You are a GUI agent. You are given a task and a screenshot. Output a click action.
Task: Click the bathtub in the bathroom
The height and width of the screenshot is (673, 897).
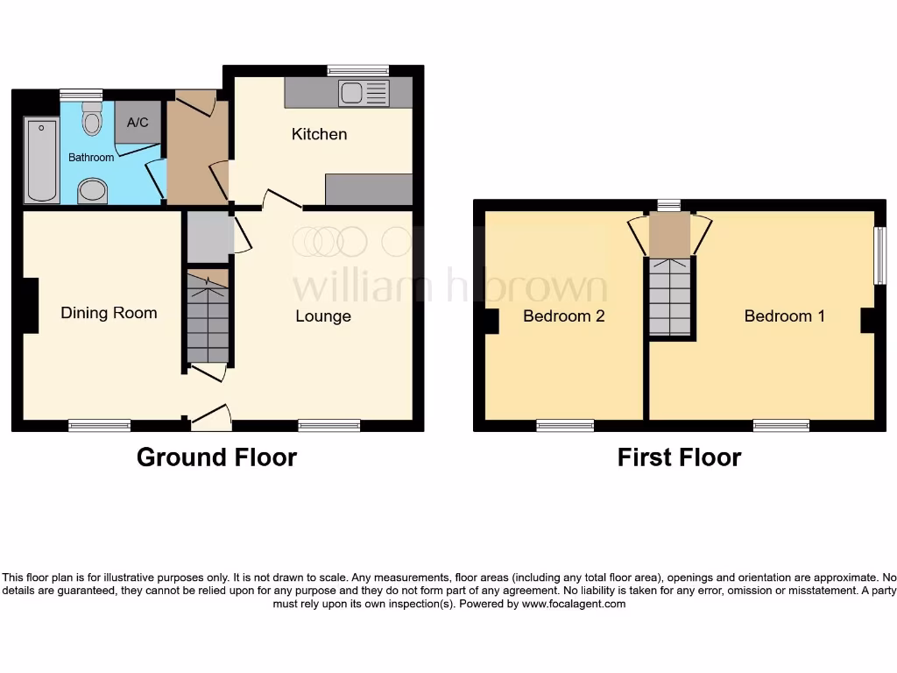(x=41, y=161)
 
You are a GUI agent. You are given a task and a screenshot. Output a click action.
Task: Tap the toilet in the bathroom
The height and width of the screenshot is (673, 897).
(x=92, y=119)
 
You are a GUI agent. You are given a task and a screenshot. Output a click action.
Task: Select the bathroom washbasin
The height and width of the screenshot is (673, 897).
(x=92, y=190)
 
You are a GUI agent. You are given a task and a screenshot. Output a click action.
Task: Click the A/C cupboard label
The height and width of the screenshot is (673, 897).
(x=138, y=124)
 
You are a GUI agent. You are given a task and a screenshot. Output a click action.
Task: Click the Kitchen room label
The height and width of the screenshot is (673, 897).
(x=319, y=134)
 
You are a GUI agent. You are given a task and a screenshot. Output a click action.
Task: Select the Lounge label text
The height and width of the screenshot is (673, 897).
(x=322, y=316)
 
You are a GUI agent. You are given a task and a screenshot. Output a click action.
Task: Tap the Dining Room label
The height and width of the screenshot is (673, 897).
(x=109, y=313)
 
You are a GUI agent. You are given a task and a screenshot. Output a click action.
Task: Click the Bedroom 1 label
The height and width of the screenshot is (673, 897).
(x=784, y=316)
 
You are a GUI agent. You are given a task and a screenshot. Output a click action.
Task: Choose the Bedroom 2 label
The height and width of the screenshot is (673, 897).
(x=563, y=316)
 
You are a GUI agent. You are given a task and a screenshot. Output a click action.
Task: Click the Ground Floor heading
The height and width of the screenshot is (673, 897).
(x=216, y=457)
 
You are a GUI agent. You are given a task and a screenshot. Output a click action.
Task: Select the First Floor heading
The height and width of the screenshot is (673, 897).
(x=679, y=457)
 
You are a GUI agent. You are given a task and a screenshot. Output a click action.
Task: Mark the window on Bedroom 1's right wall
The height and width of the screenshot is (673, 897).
(x=879, y=256)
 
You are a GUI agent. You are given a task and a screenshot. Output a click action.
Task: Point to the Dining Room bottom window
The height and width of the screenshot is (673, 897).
(x=99, y=426)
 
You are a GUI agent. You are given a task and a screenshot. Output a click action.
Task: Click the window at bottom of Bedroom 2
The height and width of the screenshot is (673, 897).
(x=565, y=426)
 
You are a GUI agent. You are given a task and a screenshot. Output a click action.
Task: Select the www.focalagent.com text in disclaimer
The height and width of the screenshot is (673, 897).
(x=574, y=604)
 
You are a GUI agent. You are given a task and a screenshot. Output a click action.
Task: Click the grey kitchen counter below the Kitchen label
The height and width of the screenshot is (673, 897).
(x=368, y=188)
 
